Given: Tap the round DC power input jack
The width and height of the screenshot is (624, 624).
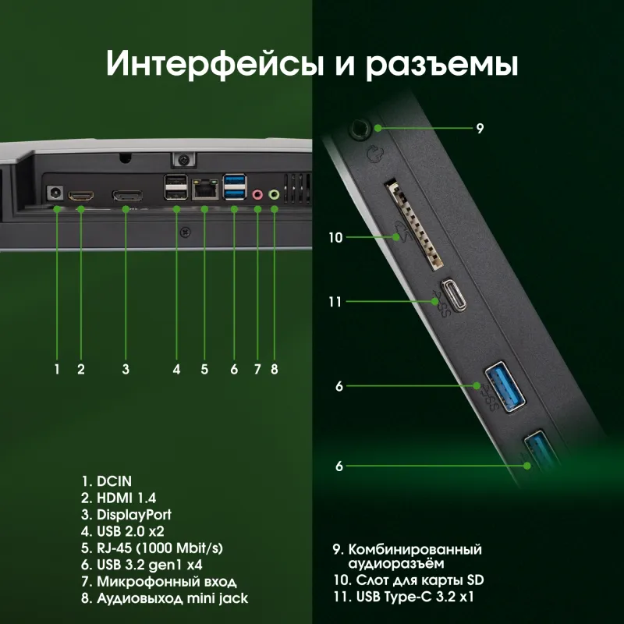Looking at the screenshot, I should click(x=55, y=192).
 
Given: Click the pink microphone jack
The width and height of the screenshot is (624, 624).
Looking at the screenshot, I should click(x=258, y=195).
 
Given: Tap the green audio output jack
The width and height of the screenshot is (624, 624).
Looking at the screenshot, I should click(x=274, y=195).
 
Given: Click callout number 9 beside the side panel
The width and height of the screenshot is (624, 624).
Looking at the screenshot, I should click(x=480, y=127).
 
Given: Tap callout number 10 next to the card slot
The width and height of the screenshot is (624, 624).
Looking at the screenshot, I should click(x=335, y=237).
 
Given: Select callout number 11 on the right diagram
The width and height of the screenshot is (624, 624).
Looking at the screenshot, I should click(x=335, y=301).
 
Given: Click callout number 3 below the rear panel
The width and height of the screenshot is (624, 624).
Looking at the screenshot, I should click(x=126, y=369).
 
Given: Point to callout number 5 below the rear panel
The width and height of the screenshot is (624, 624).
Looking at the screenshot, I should click(x=204, y=369).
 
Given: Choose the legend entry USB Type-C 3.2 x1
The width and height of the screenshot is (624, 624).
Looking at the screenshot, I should click(x=403, y=597).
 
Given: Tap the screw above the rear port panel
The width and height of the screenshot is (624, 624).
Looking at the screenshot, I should click(x=182, y=159).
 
